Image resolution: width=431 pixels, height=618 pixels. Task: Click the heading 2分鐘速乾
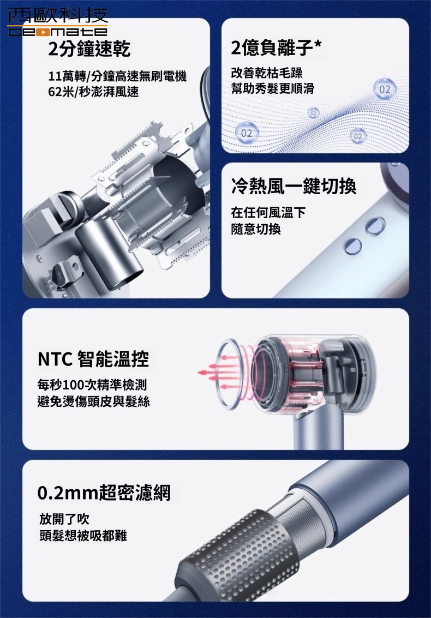pyautogui.click(x=89, y=49)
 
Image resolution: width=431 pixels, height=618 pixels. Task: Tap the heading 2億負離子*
pyautogui.click(x=276, y=47)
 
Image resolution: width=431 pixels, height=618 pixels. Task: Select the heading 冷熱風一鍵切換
pyautogui.click(x=294, y=185)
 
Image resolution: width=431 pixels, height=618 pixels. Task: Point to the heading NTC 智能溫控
pyautogui.click(x=93, y=359)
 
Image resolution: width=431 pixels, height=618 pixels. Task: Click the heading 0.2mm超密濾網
pyautogui.click(x=104, y=493)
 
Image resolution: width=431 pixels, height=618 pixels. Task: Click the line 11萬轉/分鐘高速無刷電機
pyautogui.click(x=117, y=76)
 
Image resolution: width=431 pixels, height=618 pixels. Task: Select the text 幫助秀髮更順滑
pyautogui.click(x=272, y=89)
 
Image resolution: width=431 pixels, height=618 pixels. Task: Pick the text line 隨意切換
pyautogui.click(x=256, y=229)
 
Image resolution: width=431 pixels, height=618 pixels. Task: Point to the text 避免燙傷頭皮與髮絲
pyautogui.click(x=93, y=401)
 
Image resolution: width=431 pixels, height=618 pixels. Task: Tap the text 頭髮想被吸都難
pyautogui.click(x=83, y=536)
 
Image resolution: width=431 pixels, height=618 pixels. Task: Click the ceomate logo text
pyautogui.click(x=58, y=31)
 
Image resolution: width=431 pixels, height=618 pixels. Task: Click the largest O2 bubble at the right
pyautogui.click(x=385, y=89)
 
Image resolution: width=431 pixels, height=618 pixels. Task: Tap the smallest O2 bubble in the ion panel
pyautogui.click(x=313, y=113)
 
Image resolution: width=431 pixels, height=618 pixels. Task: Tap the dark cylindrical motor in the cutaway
pyautogui.click(x=109, y=254)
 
